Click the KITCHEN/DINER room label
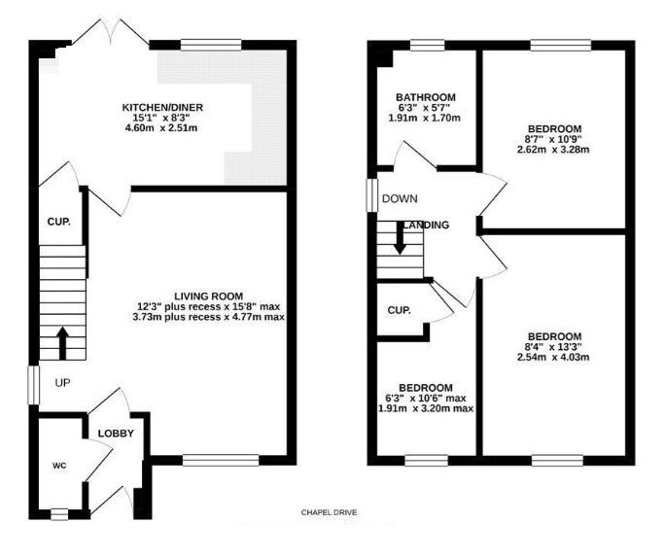[x=162, y=108]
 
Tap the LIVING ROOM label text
[x=208, y=296]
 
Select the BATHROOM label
[x=426, y=97]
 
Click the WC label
[x=59, y=466]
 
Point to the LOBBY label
[x=116, y=434]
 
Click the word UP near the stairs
[x=62, y=383]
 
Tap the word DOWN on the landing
[x=400, y=198]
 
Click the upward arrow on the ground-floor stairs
[x=62, y=343]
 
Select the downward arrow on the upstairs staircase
[x=400, y=238]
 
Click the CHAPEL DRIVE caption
[x=329, y=512]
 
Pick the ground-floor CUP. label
[x=59, y=222]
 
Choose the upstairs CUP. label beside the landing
[x=399, y=310]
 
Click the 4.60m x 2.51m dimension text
[x=161, y=128]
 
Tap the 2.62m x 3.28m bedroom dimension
[x=553, y=150]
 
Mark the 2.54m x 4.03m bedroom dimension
[x=553, y=357]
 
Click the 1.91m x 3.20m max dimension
[x=426, y=408]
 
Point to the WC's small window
[x=59, y=514]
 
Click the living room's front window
[x=221, y=460]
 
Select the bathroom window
[x=428, y=46]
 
